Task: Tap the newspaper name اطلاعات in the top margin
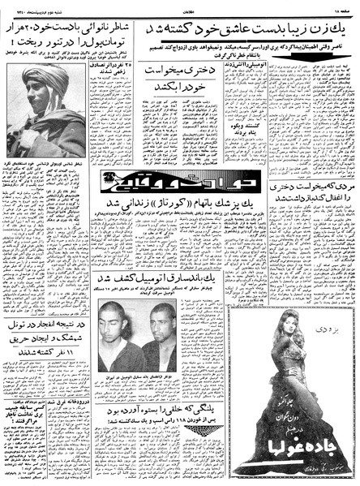pos(179,6)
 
